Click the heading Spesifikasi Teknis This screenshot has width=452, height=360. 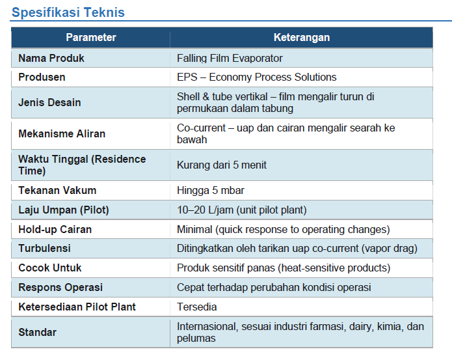click(68, 12)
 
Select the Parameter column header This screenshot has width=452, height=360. click(91, 37)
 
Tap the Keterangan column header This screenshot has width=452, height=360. click(302, 37)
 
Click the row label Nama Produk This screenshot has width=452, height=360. click(51, 59)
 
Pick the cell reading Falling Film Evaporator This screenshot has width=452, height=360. click(230, 59)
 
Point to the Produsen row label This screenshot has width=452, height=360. click(42, 77)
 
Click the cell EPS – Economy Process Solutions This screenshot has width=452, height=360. click(256, 77)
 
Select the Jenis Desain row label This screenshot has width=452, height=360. click(49, 102)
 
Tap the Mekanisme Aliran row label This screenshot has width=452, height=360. click(62, 134)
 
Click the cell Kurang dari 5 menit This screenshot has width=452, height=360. click(222, 165)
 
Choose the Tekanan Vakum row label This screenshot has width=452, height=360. click(57, 190)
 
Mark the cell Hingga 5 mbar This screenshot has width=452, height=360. click(211, 190)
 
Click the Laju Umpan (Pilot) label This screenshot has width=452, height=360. click(64, 210)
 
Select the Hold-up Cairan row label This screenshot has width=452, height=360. click(55, 230)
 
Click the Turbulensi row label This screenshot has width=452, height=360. click(44, 249)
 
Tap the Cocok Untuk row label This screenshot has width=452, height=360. click(50, 268)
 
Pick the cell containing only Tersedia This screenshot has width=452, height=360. click(197, 307)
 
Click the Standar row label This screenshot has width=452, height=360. click(38, 332)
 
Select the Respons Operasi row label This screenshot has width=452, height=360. click(60, 288)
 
